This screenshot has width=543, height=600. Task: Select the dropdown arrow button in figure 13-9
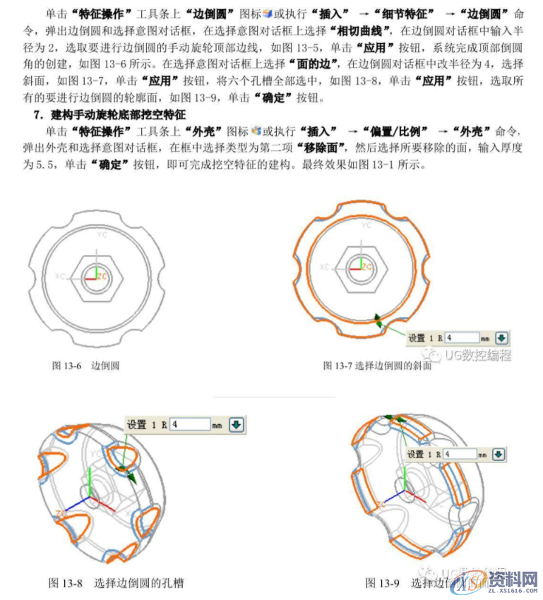[499, 455]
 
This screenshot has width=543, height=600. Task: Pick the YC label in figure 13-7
[366, 225]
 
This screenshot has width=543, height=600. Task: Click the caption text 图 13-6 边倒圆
[85, 366]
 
